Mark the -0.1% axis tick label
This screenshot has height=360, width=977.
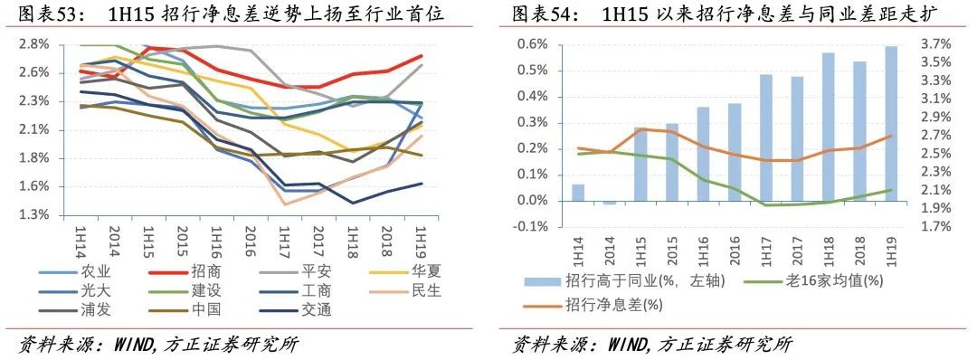click(x=528, y=227)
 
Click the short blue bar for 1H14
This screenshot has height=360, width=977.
click(x=578, y=193)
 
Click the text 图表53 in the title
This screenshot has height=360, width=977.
click(x=45, y=14)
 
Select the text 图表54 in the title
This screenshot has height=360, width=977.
click(x=537, y=14)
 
